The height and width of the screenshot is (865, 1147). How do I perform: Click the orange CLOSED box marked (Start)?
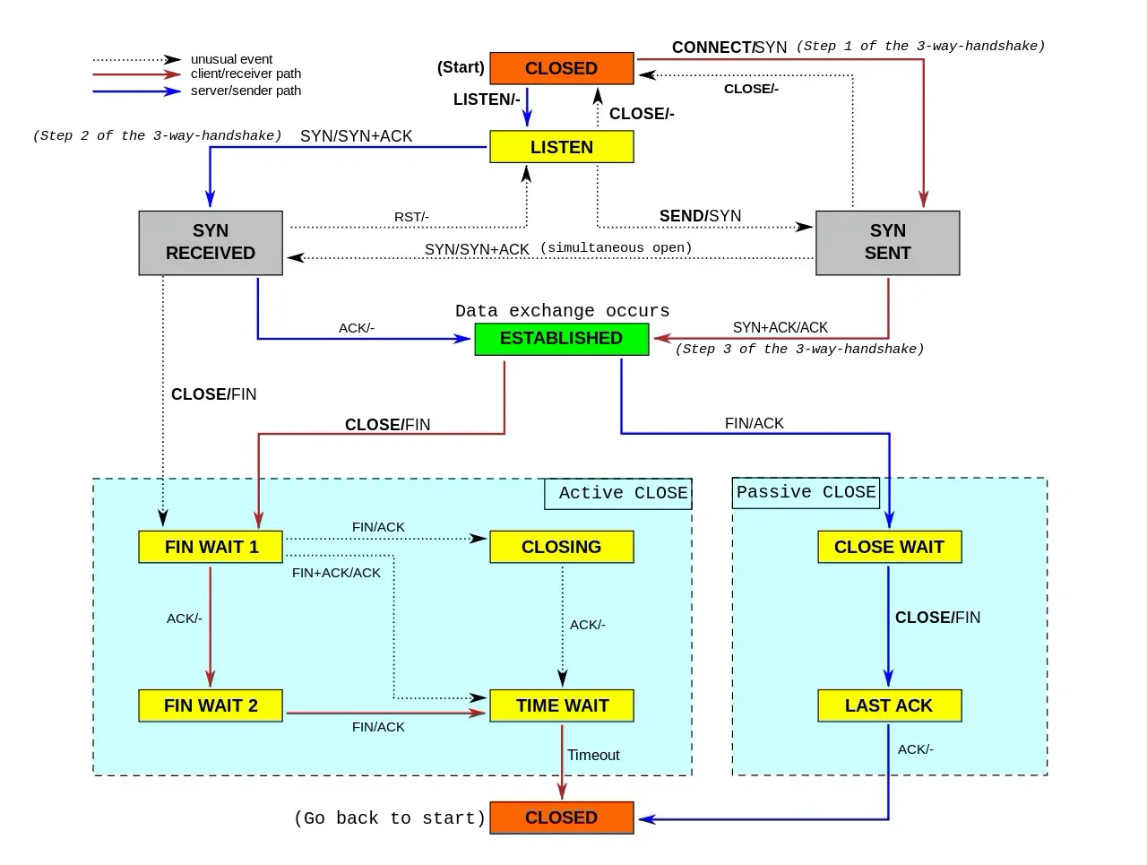[561, 69]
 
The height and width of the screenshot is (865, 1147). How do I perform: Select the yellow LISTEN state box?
[561, 147]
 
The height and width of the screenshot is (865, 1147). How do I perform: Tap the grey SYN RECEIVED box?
[211, 242]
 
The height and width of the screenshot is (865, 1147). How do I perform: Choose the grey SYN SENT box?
[887, 242]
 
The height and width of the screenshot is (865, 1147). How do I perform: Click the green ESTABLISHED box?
[561, 339]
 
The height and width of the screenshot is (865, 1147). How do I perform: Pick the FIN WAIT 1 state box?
[211, 547]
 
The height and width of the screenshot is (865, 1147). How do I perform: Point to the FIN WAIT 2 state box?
[211, 705]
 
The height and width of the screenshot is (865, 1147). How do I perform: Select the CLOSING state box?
[561, 547]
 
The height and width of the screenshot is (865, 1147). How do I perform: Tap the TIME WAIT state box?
[561, 705]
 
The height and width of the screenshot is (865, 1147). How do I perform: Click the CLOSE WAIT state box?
[889, 547]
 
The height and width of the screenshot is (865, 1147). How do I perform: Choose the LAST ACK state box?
[889, 705]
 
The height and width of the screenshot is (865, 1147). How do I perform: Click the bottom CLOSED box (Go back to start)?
[561, 817]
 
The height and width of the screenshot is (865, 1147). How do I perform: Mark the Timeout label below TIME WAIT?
[593, 756]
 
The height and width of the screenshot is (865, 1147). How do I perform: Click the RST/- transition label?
[411, 217]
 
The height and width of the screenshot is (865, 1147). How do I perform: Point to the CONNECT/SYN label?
[729, 48]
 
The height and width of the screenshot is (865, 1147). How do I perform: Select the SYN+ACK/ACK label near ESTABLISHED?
[780, 328]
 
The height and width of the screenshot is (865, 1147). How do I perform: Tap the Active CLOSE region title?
[623, 493]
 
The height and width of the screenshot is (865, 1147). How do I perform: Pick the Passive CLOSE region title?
[806, 492]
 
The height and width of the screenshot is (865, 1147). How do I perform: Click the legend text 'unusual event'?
[231, 59]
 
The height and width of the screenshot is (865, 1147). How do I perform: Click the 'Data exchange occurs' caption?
[562, 311]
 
